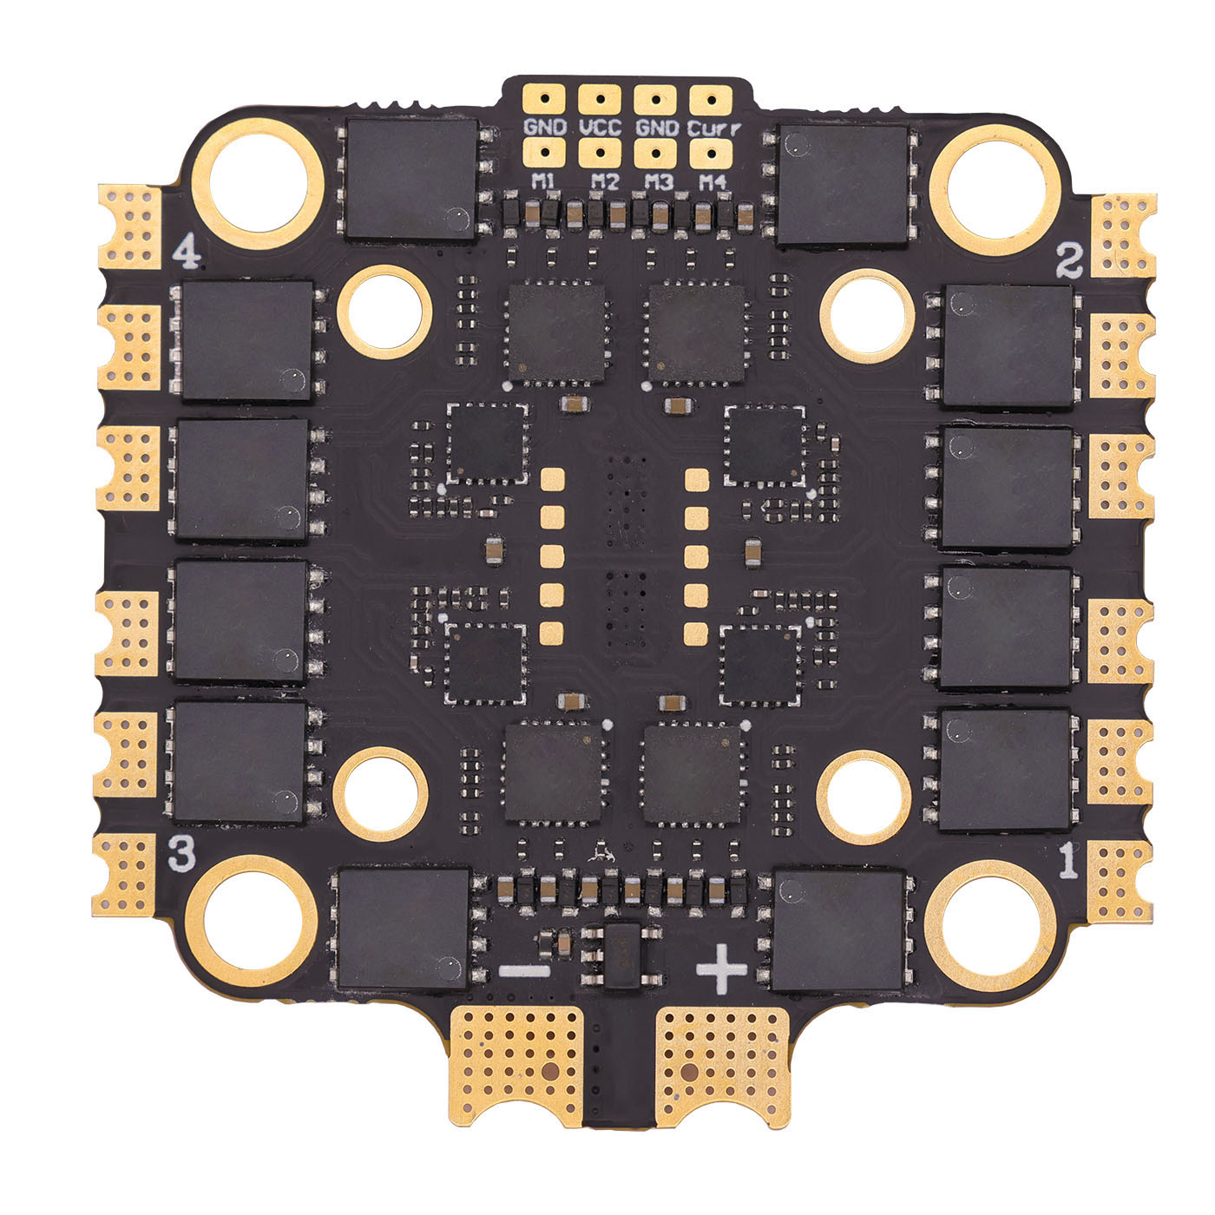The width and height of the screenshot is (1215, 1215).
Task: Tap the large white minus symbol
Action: click(x=524, y=970)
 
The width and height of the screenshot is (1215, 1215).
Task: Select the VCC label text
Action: click(x=599, y=128)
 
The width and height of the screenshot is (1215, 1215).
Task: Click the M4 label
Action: click(x=713, y=182)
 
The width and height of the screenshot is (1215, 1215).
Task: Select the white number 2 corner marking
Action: click(x=1069, y=259)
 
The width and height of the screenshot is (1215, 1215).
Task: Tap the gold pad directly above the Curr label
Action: click(x=712, y=99)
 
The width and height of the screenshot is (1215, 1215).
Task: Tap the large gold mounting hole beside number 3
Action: click(x=250, y=919)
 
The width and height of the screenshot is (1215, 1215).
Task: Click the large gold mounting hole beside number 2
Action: click(x=995, y=187)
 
